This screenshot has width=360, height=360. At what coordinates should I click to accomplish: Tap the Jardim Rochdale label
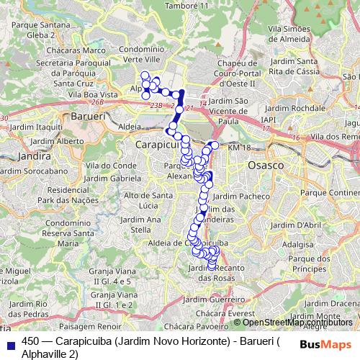[311, 107]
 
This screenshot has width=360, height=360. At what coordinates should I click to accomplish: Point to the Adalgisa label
[294, 244]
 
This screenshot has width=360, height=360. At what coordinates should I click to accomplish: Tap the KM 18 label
[239, 147]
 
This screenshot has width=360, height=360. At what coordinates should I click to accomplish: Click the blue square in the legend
[12, 341]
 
